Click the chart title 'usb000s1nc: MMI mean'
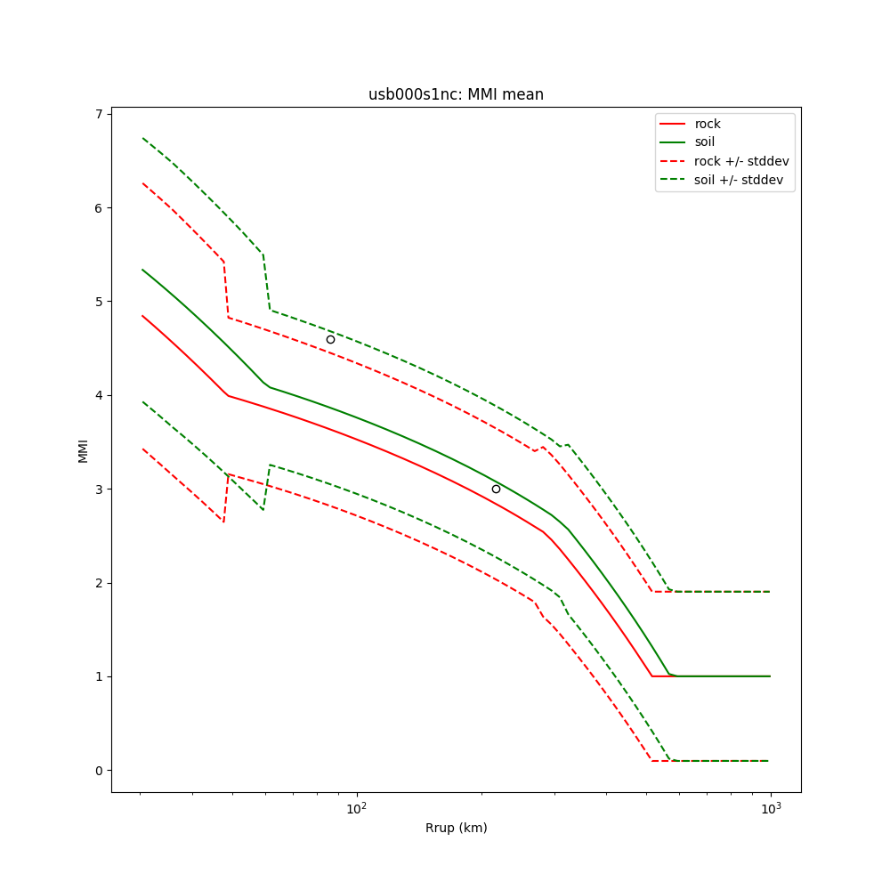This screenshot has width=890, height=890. coord(456,94)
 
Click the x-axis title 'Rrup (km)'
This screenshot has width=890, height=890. coord(456,828)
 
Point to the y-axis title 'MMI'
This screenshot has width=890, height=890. coord(83,449)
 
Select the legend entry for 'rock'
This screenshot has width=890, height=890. coord(708,124)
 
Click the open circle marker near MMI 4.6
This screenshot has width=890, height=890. coord(330,339)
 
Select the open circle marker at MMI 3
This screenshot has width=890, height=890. coord(496,489)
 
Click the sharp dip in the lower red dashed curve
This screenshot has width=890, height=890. coord(223,522)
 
